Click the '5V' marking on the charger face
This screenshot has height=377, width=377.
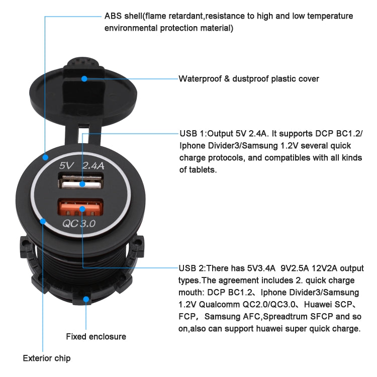tap(67, 165)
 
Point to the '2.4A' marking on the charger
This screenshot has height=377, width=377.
tap(94, 165)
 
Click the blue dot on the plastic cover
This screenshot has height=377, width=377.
tap(84, 79)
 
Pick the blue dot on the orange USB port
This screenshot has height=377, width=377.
tap(81, 208)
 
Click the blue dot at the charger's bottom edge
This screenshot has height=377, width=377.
tap(86, 299)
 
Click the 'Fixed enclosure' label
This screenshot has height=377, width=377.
tap(96, 336)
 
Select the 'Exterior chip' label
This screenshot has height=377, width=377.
tap(47, 358)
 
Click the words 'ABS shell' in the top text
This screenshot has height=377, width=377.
tap(123, 16)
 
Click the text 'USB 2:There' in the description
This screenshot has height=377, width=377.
tap(204, 268)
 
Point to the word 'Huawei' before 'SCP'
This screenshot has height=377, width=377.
tap(325, 304)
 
